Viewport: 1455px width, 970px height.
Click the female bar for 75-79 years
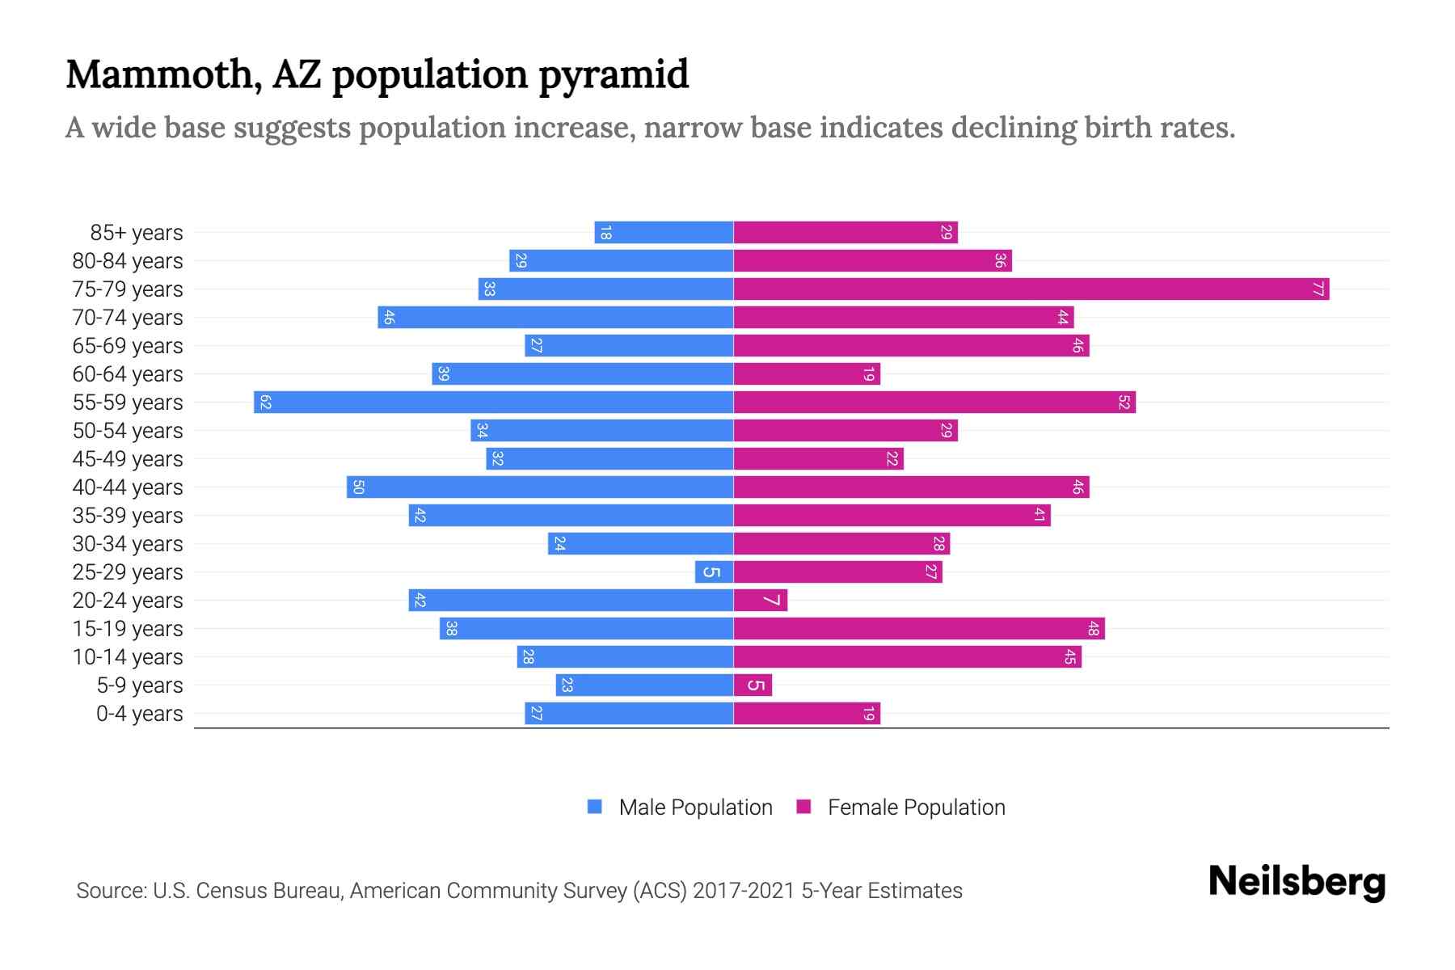(1031, 289)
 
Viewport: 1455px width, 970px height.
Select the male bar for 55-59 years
(493, 403)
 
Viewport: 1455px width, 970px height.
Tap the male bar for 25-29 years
(714, 572)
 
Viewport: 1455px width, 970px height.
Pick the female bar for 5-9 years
(753, 685)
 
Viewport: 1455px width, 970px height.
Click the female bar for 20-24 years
(760, 601)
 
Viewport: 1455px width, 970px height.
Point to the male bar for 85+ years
(663, 233)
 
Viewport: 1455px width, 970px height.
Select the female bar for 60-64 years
(806, 374)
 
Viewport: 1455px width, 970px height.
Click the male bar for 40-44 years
(540, 487)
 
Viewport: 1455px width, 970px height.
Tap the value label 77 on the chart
(1318, 289)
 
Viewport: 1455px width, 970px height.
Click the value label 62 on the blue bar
(265, 403)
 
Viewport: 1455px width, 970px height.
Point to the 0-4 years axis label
(139, 714)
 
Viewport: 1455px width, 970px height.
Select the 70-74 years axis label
(128, 318)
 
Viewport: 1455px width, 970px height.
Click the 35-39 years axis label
(128, 516)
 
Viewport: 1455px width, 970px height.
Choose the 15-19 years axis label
(128, 629)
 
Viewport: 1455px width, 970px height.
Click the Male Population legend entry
(695, 808)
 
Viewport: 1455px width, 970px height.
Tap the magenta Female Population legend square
(803, 807)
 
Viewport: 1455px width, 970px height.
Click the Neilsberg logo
(1297, 882)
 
